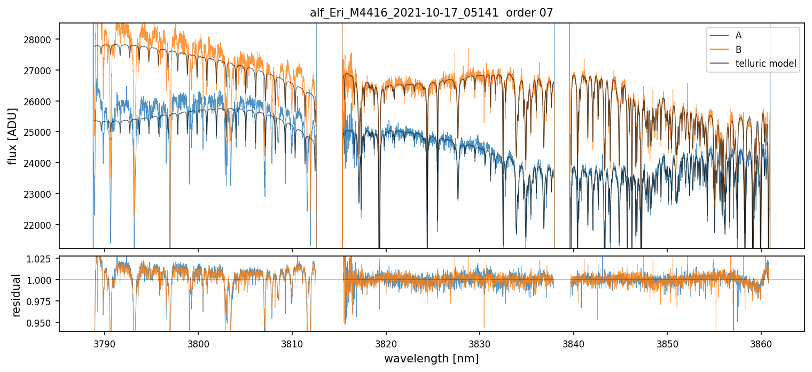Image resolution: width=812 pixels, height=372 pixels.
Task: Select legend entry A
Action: tap(738, 35)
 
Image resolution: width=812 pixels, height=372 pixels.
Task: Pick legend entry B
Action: tap(738, 50)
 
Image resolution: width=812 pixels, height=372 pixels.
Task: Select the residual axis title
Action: tap(17, 294)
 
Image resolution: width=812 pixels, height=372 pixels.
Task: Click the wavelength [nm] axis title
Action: tap(431, 358)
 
